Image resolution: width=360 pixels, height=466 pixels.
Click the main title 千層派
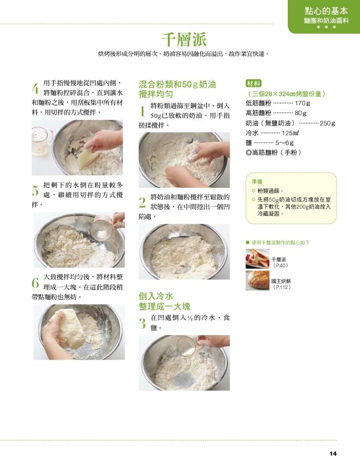(184, 39)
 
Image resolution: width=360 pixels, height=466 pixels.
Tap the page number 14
(333, 454)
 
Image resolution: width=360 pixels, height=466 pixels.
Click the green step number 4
(35, 89)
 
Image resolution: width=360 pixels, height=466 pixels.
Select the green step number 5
(35, 191)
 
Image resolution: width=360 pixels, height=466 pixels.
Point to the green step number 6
(35, 282)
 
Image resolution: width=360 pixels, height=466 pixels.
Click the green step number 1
(142, 111)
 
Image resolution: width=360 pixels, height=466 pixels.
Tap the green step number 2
(142, 203)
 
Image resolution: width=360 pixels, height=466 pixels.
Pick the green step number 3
(142, 323)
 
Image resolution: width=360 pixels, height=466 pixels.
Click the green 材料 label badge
(254, 84)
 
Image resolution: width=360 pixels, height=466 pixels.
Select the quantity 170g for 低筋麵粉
(302, 103)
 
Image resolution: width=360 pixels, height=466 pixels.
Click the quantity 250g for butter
(327, 123)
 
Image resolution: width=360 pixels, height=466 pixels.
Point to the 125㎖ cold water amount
(290, 133)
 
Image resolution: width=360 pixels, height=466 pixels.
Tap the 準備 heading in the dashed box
(257, 181)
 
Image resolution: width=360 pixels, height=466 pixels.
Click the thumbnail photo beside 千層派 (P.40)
(257, 259)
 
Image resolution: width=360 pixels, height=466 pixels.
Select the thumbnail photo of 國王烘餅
(257, 280)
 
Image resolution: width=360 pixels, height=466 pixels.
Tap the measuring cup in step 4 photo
(42, 141)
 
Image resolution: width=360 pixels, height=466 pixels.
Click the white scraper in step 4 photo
(87, 156)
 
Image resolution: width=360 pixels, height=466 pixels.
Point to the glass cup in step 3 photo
(187, 345)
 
